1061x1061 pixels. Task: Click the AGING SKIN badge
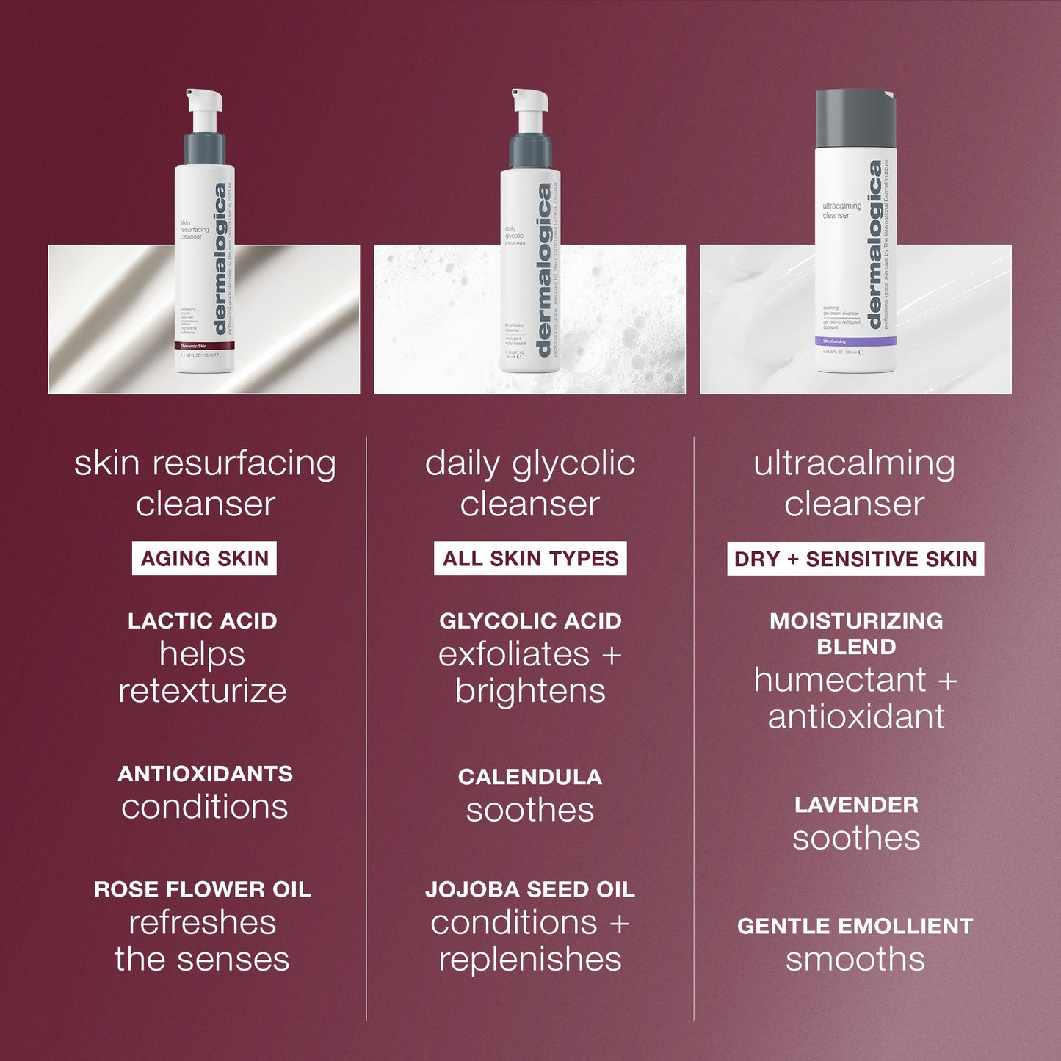tap(204, 559)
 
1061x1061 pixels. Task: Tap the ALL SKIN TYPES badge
tap(530, 559)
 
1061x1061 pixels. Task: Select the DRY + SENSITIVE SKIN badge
tap(855, 559)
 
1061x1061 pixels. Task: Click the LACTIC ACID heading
tap(203, 621)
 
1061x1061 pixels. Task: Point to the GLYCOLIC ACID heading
tap(530, 621)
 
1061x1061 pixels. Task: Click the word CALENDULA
tap(530, 777)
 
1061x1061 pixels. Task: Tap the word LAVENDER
tap(856, 805)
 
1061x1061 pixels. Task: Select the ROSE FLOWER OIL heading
tap(203, 889)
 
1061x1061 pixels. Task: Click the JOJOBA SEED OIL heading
tap(530, 889)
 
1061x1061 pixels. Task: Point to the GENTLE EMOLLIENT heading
tap(855, 926)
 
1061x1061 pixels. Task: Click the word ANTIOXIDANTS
tap(205, 774)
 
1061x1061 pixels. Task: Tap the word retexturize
tap(203, 691)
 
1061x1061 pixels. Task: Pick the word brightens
tap(530, 691)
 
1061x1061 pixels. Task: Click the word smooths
tap(855, 959)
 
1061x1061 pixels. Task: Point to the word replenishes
tap(530, 959)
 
